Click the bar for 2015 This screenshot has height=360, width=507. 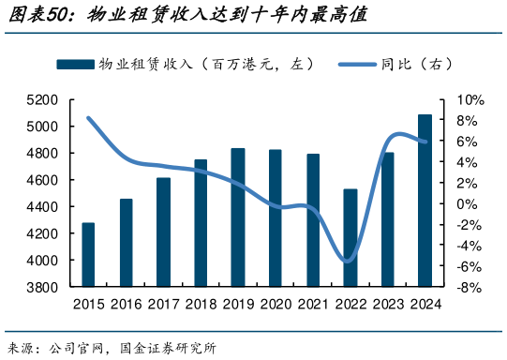88,254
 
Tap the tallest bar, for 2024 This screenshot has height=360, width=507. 425,201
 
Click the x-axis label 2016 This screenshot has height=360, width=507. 126,303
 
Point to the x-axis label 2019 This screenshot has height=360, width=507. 238,303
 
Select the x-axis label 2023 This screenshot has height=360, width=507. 387,303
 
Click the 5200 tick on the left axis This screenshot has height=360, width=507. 43,99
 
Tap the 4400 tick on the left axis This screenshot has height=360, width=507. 43,206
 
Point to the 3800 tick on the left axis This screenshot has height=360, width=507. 43,287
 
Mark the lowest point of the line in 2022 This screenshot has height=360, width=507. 348,262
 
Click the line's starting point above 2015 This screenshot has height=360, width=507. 88,118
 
